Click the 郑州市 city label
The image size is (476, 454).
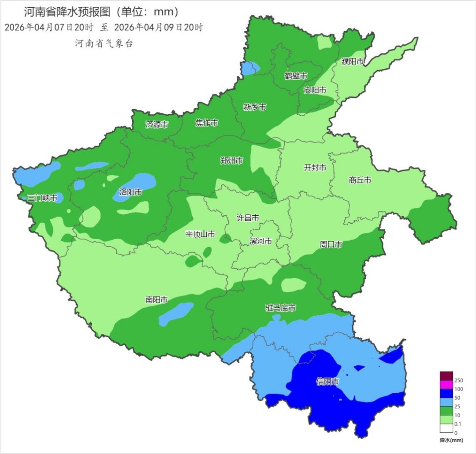231,161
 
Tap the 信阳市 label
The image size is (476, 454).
328,381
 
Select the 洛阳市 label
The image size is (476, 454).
131,192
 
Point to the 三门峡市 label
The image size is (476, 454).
42,198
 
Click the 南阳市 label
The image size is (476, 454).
156,299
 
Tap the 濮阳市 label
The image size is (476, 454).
353,62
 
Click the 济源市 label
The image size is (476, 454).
157,124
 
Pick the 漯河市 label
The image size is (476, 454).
261,241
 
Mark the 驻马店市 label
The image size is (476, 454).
280,307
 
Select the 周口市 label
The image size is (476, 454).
331,244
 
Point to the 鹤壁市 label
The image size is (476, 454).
296,76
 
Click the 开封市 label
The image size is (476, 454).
315,167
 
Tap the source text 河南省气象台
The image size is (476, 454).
104,43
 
